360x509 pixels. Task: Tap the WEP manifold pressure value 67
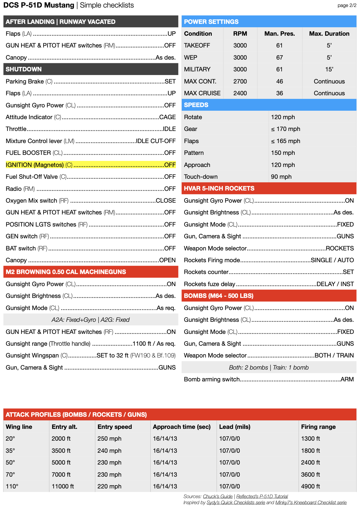[x=279, y=57]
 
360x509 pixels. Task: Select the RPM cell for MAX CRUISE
[x=240, y=93]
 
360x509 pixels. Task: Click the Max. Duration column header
[x=329, y=34]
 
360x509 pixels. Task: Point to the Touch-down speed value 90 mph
[x=281, y=177]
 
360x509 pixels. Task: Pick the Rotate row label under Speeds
[x=193, y=117]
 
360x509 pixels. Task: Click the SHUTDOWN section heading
[x=24, y=69]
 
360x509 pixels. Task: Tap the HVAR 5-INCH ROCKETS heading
[x=219, y=188]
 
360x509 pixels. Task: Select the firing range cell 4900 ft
[x=310, y=486]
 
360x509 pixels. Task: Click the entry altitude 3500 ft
[x=61, y=451]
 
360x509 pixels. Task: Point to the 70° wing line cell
[x=10, y=475]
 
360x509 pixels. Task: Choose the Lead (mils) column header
[x=234, y=427]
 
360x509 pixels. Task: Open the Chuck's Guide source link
[x=218, y=496]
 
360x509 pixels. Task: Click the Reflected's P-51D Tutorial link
[x=262, y=496]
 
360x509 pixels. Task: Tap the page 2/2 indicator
[x=347, y=5]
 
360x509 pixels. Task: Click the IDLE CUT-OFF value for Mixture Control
[x=155, y=141]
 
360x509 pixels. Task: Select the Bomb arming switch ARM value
[x=347, y=379]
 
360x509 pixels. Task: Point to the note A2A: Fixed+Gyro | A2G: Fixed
[x=90, y=320]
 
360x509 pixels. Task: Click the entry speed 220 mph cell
[x=109, y=486]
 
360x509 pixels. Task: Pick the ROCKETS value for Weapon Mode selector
[x=339, y=248]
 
